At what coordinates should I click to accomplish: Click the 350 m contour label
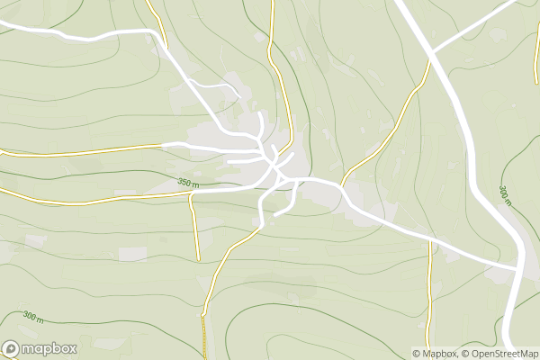click(188, 183)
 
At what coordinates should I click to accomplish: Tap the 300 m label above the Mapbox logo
click(33, 317)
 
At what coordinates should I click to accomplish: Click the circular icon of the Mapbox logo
click(11, 349)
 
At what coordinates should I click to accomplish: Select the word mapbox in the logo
click(49, 349)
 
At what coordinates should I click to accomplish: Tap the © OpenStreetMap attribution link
click(500, 354)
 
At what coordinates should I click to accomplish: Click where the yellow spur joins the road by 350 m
click(191, 193)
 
